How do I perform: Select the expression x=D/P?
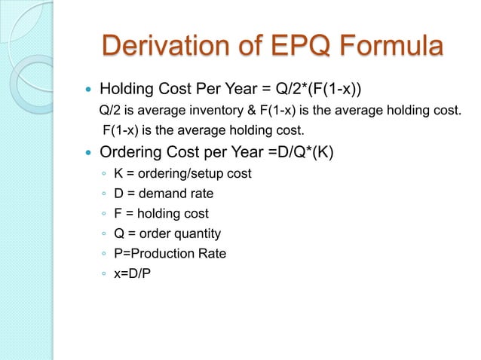132,273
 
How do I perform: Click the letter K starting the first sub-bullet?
118,175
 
